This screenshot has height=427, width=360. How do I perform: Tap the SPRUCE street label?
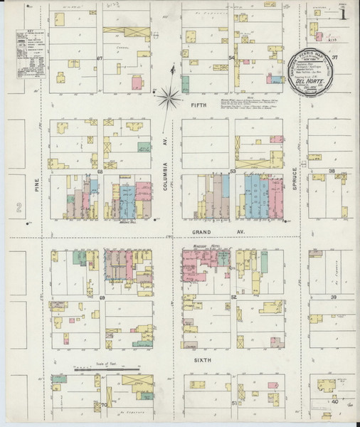pyautogui.click(x=294, y=181)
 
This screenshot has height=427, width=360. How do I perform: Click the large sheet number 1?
pyautogui.click(x=344, y=13)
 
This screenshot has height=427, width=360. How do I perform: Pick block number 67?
pyautogui.click(x=100, y=58)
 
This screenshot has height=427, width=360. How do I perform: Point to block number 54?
pyautogui.click(x=231, y=58)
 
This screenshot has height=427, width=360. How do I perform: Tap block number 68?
pyautogui.click(x=100, y=172)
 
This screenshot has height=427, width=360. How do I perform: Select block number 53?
pyautogui.click(x=232, y=172)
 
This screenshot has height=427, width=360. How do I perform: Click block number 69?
pyautogui.click(x=101, y=297)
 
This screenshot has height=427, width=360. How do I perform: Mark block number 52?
pyautogui.click(x=233, y=297)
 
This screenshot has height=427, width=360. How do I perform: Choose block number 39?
pyautogui.click(x=332, y=297)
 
